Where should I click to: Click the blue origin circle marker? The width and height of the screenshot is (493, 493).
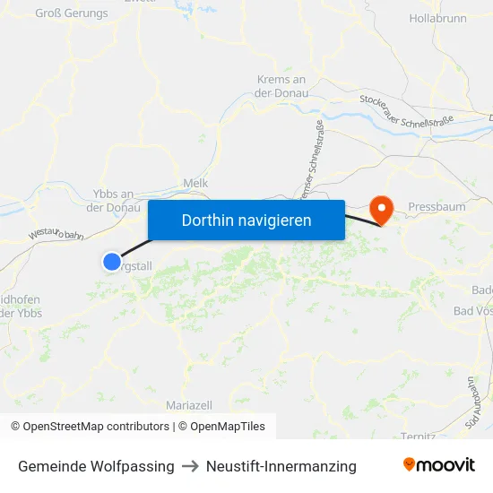click(x=112, y=262)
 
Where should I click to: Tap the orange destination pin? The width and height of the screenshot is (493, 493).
click(x=382, y=211)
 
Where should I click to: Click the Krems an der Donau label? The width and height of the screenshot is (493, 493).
click(x=282, y=86)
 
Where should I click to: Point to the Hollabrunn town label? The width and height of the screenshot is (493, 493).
click(x=437, y=18)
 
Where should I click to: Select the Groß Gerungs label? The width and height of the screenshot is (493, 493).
click(x=72, y=13)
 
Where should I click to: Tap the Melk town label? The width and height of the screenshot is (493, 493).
click(x=195, y=183)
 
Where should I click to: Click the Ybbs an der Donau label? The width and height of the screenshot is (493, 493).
click(x=114, y=201)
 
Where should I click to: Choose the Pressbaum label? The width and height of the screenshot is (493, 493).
click(x=437, y=207)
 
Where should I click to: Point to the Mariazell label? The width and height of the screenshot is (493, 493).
click(x=189, y=405)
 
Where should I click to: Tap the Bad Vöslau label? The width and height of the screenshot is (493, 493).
click(x=473, y=311)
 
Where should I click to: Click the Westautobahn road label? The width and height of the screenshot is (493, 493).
click(x=56, y=233)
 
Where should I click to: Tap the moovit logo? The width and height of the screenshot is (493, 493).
click(x=439, y=465)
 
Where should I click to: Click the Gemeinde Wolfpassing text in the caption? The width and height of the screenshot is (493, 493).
click(x=96, y=466)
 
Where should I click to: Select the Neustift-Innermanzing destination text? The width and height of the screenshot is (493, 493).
click(x=281, y=466)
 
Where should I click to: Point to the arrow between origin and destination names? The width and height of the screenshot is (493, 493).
click(x=190, y=466)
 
